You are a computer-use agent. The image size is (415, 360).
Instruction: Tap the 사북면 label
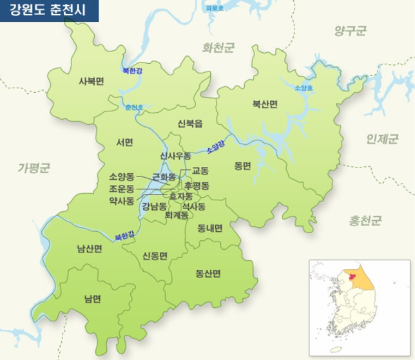[91, 81]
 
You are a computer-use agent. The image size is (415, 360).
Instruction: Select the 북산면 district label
[264, 104]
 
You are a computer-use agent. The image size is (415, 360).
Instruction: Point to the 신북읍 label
[190, 122]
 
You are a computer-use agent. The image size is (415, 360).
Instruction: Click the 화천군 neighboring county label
[219, 47]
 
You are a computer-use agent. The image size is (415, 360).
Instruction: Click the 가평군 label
[34, 169]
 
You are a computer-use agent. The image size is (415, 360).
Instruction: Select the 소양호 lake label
[303, 88]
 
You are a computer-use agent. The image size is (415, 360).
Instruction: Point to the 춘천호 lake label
[135, 107]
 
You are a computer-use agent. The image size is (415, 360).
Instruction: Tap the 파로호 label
[215, 8]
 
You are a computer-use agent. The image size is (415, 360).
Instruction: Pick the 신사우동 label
[176, 156]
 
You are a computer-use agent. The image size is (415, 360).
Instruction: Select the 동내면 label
[209, 228]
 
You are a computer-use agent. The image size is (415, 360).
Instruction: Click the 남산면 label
[90, 249]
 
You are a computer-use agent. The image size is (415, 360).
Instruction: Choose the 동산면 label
[207, 273]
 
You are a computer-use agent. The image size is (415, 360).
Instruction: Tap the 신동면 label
[155, 256]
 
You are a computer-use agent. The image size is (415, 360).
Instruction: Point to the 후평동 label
[197, 185]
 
